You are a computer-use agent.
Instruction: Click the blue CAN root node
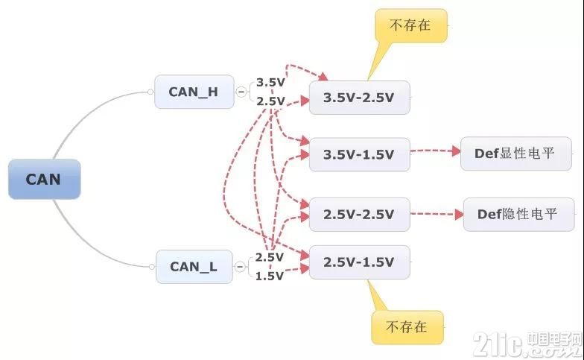pos(45,179)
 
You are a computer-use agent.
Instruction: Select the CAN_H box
pos(194,92)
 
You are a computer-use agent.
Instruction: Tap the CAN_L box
pos(194,267)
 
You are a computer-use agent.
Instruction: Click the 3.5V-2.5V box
pos(359,98)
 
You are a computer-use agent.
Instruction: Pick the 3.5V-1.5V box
pos(359,155)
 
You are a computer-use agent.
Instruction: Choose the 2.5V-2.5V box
pos(359,215)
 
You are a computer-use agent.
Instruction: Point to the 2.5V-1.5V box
pos(359,262)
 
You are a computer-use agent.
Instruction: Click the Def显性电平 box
pos(515,154)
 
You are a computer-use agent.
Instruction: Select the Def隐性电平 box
pos(518,215)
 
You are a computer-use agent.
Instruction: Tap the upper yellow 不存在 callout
pos(411,25)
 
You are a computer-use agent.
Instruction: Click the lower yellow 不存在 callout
pos(407,327)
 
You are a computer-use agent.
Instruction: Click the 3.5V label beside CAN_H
pos(270,82)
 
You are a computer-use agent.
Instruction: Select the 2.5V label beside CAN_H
pos(270,101)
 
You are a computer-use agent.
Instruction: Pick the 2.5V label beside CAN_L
pos(270,257)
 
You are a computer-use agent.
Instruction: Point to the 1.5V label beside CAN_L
pos(270,276)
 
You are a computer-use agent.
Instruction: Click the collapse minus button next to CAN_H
pos(241,92)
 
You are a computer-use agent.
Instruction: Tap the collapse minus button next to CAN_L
pos(240,267)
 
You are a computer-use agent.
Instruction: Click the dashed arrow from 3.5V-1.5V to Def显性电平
pos(435,151)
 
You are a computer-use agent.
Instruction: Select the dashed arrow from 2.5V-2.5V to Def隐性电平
pos(437,215)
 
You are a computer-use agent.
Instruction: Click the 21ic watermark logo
pos(527,344)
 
